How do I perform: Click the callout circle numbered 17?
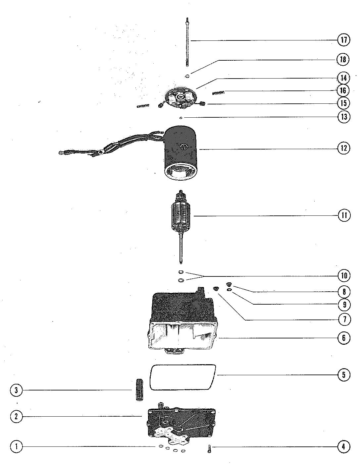(x=343, y=40)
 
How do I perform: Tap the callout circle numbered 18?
(x=343, y=59)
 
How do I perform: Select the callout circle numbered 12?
(x=343, y=148)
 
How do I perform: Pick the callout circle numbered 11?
(x=343, y=215)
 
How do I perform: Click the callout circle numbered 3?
(x=16, y=390)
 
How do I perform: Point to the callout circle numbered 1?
(x=16, y=446)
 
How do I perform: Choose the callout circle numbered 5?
(x=343, y=375)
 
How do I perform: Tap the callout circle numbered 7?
(x=343, y=319)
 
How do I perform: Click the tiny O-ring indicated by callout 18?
(x=187, y=76)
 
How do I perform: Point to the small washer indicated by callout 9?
(x=229, y=290)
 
